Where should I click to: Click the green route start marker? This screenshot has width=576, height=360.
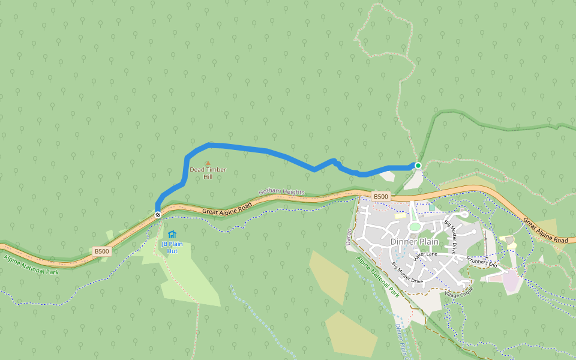(418, 166)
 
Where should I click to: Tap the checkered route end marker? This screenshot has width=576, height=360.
(158, 214)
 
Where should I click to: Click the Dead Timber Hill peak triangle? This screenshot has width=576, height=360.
(208, 163)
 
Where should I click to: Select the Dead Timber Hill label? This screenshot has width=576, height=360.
(208, 173)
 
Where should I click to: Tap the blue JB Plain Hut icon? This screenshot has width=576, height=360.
(172, 234)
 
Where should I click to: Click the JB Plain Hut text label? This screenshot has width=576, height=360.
(172, 247)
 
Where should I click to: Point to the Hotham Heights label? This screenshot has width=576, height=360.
(281, 192)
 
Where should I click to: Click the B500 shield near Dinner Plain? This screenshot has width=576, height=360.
(381, 196)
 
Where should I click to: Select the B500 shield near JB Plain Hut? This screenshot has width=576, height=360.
(101, 251)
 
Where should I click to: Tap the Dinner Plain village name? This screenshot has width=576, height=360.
(414, 242)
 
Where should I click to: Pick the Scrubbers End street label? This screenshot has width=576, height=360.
(482, 259)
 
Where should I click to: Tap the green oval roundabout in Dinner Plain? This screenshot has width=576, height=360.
(415, 227)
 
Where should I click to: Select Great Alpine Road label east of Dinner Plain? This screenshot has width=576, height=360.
(545, 230)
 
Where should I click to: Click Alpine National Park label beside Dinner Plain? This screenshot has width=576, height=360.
(378, 277)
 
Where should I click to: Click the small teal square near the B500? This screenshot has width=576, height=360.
(431, 208)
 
